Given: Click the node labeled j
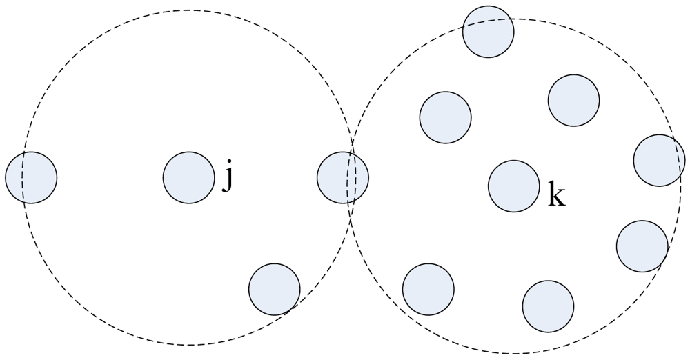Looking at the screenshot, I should point(188,177).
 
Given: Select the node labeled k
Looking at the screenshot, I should point(513,186).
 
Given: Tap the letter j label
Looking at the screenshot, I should point(228,177).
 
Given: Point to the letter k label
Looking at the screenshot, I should point(556,194).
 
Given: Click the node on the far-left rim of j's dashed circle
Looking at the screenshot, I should point(31,178).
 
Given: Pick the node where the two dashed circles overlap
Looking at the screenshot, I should point(343,177).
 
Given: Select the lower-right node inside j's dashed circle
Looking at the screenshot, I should point(274,289).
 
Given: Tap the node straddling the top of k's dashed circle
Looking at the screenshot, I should point(488,31).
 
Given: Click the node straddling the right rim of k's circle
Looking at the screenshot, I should point(659,160).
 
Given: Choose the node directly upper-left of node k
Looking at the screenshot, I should point(445,117).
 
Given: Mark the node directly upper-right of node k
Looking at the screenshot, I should point(573,101).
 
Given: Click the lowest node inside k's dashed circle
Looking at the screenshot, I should point(548,306).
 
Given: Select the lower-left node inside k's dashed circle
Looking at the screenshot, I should point(428,289).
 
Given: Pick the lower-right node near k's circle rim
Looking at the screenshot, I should point(642,246).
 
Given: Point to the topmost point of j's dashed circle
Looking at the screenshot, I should point(189,10).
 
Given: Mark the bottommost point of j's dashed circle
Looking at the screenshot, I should point(189,345).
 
